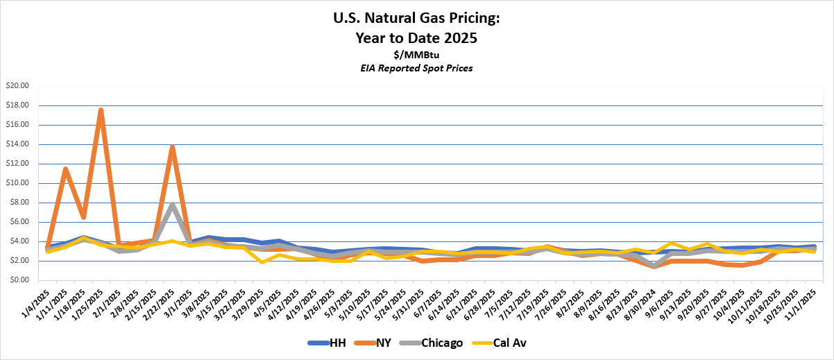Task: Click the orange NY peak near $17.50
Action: pos(101,110)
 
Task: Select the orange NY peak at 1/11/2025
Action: pos(65,169)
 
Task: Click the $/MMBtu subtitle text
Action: pos(416,54)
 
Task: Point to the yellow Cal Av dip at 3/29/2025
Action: pos(262,262)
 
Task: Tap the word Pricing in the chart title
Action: pos(471,21)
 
